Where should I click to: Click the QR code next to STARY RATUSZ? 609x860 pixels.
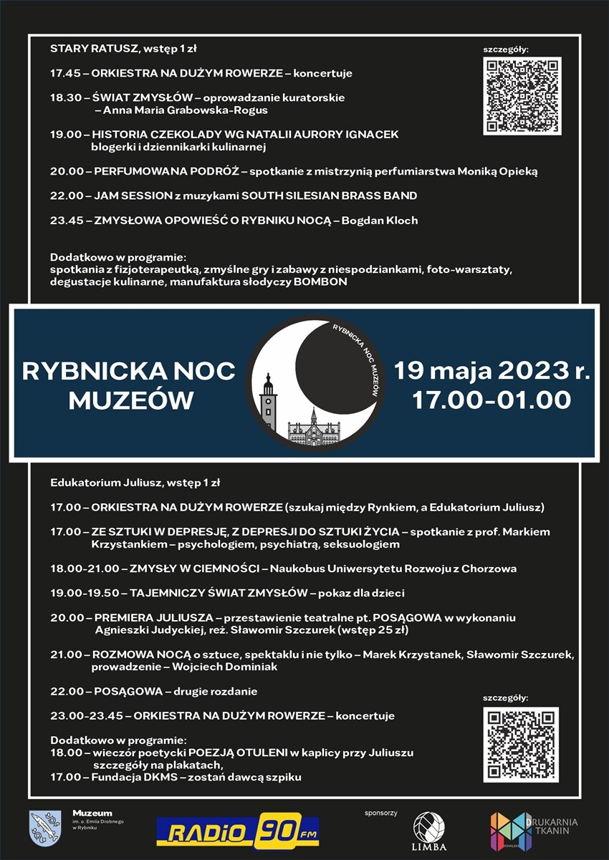(x=522, y=96)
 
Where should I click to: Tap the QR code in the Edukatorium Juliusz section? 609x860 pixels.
(x=520, y=744)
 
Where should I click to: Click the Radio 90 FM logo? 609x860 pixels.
(x=237, y=831)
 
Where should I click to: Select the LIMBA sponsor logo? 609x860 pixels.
(x=428, y=831)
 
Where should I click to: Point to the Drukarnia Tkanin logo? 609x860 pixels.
(x=533, y=831)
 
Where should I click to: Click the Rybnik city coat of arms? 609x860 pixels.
(x=44, y=828)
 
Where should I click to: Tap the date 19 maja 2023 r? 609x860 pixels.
(x=491, y=372)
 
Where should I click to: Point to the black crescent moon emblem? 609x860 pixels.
(x=337, y=372)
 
